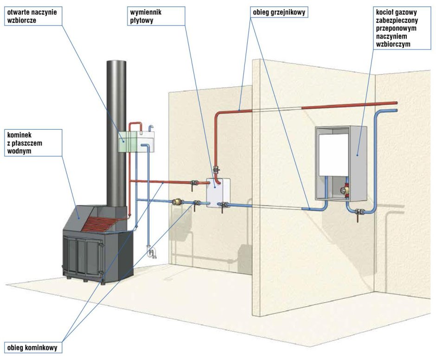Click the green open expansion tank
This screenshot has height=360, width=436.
128,141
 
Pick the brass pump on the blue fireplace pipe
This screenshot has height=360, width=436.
177,202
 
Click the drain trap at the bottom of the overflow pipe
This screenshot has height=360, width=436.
150,252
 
